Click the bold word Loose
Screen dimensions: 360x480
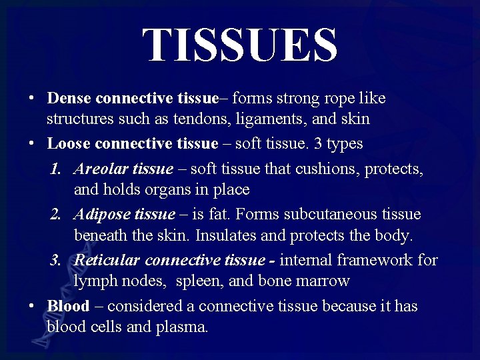[x=69, y=143]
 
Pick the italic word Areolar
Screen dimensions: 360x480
[x=101, y=169]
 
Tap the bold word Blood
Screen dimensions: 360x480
[x=68, y=306]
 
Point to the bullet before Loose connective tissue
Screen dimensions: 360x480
[x=32, y=143]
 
